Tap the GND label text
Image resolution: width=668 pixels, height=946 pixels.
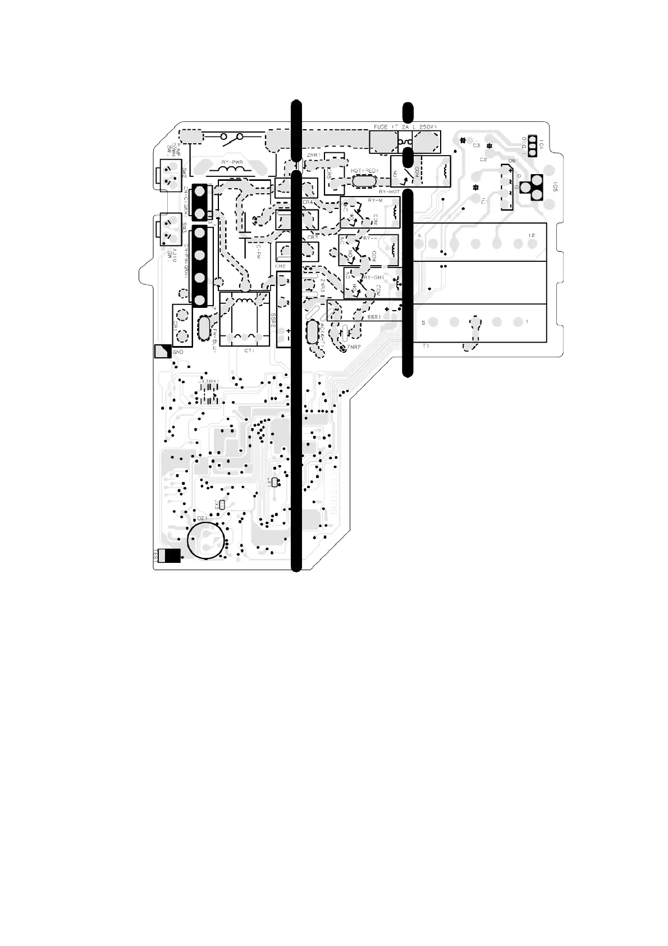178,352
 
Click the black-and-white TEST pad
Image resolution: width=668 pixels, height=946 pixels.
169,556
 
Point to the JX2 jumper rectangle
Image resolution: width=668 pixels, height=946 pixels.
222,504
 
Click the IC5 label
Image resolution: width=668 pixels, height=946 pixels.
554,187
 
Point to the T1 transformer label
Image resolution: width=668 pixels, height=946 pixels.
426,347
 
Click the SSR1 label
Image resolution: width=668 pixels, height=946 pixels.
374,317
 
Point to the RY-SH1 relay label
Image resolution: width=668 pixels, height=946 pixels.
373,278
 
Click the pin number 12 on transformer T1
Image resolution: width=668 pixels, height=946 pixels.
531,235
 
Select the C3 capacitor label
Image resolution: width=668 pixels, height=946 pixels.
476,145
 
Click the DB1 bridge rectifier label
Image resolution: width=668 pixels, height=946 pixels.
512,161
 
